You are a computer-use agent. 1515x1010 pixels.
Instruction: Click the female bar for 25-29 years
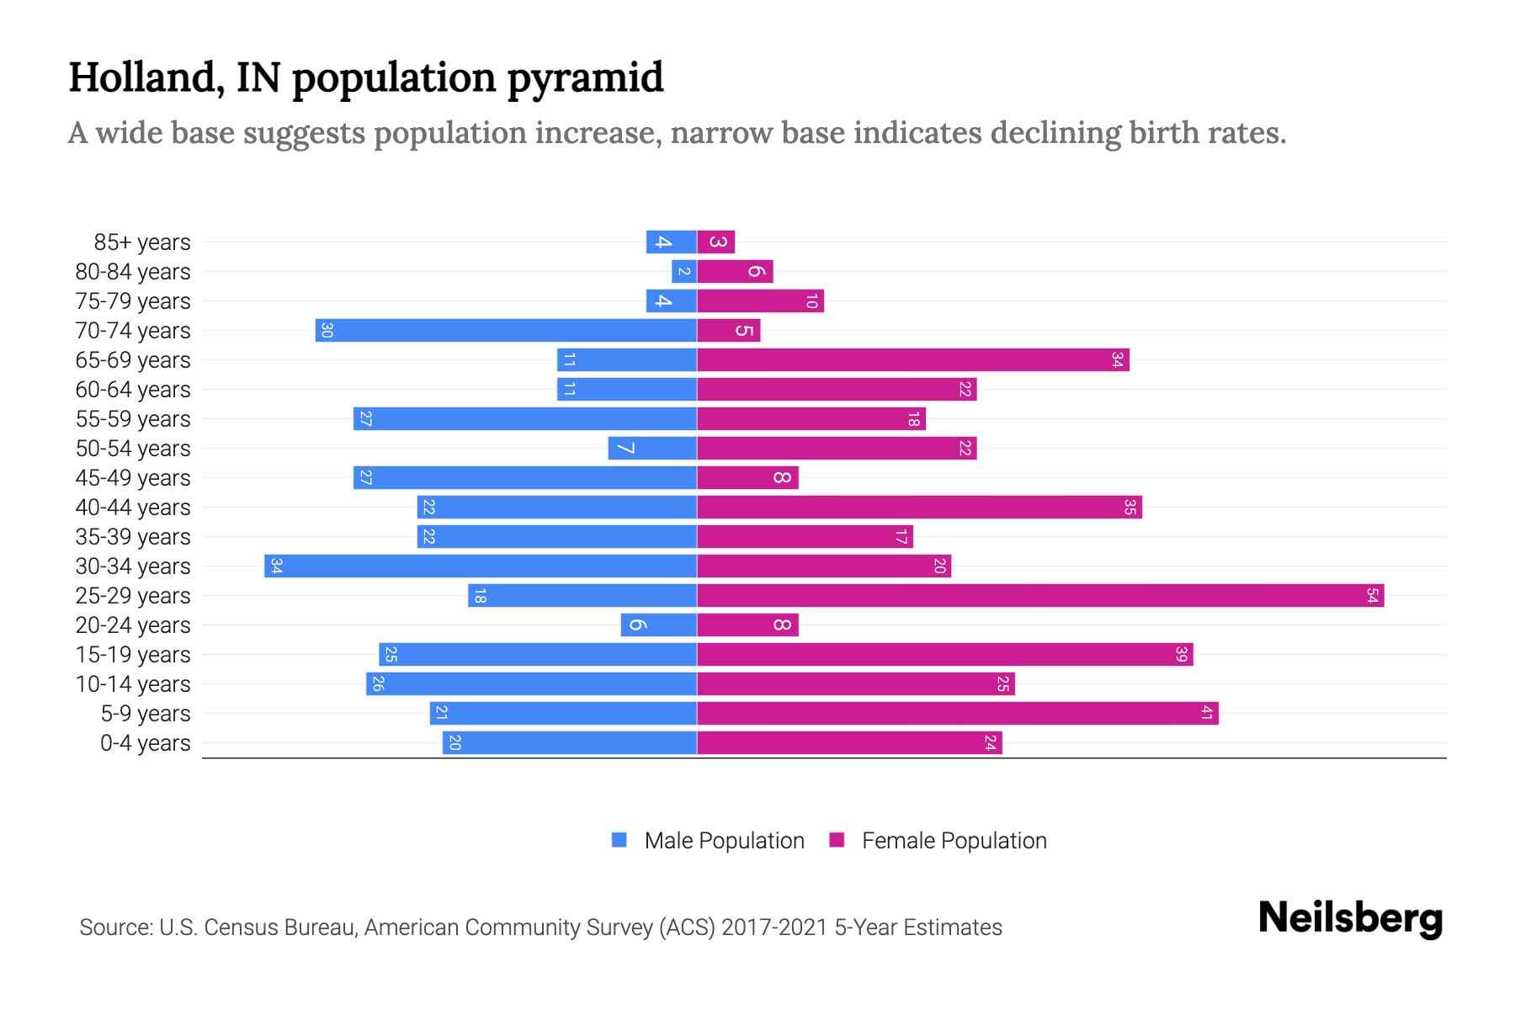point(1040,596)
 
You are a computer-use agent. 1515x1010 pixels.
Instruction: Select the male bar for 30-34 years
point(481,566)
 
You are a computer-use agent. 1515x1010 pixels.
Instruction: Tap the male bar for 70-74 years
point(506,331)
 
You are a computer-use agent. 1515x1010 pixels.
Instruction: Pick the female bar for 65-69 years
point(913,360)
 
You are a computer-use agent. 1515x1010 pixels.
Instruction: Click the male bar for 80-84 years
point(684,272)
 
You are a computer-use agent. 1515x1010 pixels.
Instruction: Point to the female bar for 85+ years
point(716,242)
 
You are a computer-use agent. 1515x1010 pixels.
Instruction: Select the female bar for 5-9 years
point(958,714)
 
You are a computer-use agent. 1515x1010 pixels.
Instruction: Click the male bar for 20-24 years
point(659,625)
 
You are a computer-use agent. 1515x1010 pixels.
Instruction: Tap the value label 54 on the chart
point(1372,596)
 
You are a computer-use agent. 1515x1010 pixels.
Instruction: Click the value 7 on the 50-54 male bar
point(625,449)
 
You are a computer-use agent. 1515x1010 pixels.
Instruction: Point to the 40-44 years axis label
point(133,508)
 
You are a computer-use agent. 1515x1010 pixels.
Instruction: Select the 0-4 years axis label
point(145,743)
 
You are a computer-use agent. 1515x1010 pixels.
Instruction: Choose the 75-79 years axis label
point(133,301)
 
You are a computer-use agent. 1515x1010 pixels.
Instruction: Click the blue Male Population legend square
point(619,840)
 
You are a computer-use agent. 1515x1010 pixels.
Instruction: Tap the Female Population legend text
point(954,841)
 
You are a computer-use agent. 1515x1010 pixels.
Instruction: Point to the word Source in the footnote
point(115,928)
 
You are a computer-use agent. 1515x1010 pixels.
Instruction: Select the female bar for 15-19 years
point(945,655)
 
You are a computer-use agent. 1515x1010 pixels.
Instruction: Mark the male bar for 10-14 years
point(531,684)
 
